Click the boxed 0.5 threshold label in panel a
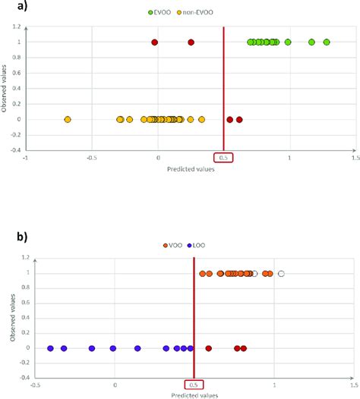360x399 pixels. click(x=224, y=158)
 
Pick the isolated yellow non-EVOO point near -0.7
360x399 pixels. click(x=68, y=119)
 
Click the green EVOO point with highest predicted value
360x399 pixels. click(x=327, y=42)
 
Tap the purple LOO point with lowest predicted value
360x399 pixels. click(x=51, y=348)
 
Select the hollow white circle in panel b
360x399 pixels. click(x=281, y=273)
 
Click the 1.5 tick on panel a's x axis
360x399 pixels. click(x=355, y=158)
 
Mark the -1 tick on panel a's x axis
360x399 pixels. click(x=26, y=158)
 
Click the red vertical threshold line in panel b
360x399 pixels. click(x=194, y=319)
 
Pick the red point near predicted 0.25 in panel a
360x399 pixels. click(x=191, y=42)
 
